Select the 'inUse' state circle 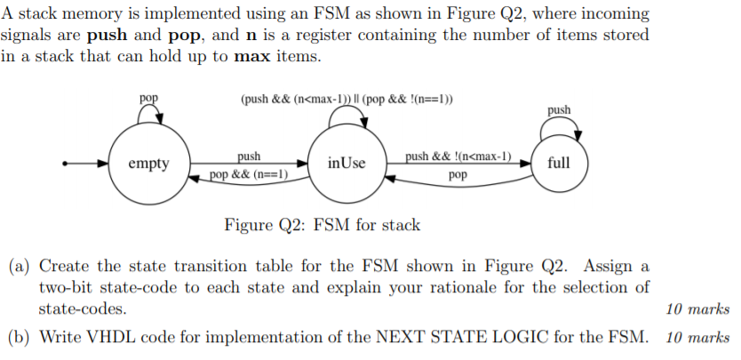coord(347,164)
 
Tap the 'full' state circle coord(559,164)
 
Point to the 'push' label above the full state coord(559,109)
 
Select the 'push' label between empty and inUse coord(248,156)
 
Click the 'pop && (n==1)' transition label coord(250,174)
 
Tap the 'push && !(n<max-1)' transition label coord(458,156)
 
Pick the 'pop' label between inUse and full coord(458,175)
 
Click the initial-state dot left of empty coord(64,164)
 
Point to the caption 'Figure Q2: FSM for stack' coord(322,225)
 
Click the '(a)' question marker coord(20,266)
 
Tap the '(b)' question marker coord(20,337)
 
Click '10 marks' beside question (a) coord(697,309)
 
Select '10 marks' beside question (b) coord(697,337)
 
